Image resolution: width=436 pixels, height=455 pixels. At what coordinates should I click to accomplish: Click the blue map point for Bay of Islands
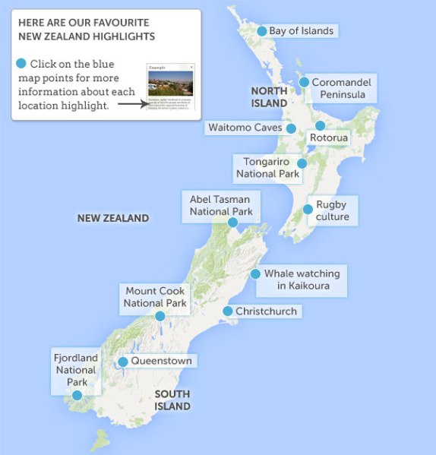[x=262, y=31]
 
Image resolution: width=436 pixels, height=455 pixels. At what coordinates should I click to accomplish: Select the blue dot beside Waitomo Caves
[x=291, y=128]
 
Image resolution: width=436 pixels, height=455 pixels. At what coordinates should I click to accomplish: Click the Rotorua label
[x=329, y=137]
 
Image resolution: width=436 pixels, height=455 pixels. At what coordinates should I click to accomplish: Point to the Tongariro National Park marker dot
[x=302, y=163]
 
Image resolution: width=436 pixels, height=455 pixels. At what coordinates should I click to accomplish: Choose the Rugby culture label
[x=332, y=210]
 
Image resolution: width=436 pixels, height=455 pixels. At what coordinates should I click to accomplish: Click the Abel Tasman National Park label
[x=221, y=205]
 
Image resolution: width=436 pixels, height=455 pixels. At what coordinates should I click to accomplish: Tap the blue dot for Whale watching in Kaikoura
[x=255, y=274]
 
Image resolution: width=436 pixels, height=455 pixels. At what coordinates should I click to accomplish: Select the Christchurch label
[x=266, y=311]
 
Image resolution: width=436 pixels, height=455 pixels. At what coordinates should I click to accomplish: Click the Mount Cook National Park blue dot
[x=160, y=316]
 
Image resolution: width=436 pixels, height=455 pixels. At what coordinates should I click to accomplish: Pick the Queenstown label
[x=161, y=361]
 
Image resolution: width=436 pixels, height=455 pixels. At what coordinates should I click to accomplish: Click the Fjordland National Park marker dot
[x=77, y=395]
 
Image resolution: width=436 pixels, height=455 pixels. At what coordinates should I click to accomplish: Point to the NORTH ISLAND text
[x=269, y=96]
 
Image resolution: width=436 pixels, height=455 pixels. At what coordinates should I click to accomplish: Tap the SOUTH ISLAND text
[x=172, y=400]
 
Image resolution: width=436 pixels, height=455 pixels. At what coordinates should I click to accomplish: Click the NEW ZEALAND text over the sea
[x=113, y=218]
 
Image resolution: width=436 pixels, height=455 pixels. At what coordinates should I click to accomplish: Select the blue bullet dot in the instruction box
[x=21, y=63]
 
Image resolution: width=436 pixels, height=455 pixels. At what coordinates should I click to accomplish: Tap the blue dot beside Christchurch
[x=227, y=311]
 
